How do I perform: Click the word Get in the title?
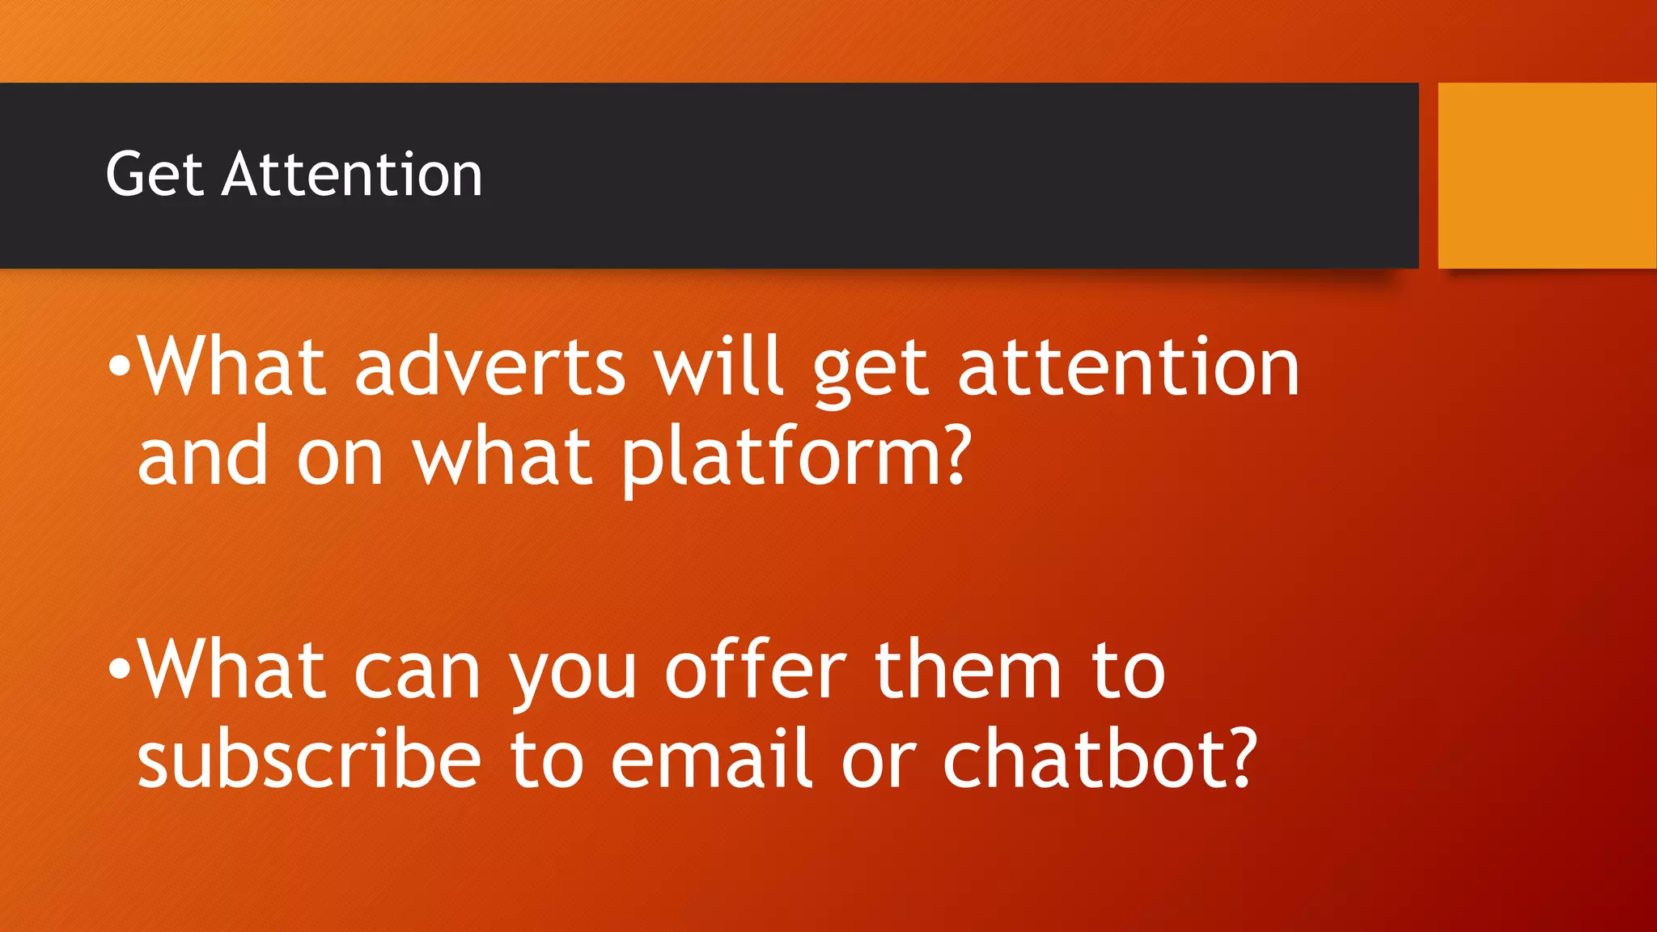point(154,175)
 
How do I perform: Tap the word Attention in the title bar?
point(352,175)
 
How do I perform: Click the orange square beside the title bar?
point(1547,176)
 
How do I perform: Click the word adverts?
point(490,368)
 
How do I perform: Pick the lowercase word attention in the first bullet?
point(1129,368)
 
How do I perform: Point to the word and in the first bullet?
point(202,458)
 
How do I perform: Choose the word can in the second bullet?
point(417,672)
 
